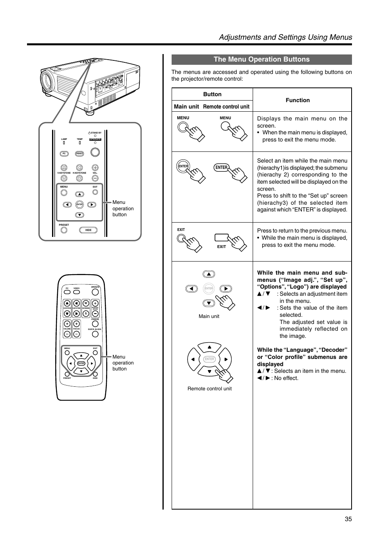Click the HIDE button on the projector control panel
point(88,230)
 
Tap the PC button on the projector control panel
point(64,153)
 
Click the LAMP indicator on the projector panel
point(64,143)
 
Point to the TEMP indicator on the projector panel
point(79,143)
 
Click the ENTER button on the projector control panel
point(79,204)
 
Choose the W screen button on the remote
point(86,303)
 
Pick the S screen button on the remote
point(86,313)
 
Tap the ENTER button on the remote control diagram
point(81,363)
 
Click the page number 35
point(348,519)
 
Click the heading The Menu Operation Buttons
point(261,60)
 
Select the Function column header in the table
point(298,100)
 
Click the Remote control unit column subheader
point(226,107)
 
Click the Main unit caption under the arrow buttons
point(209,316)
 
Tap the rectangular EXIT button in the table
point(221,238)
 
